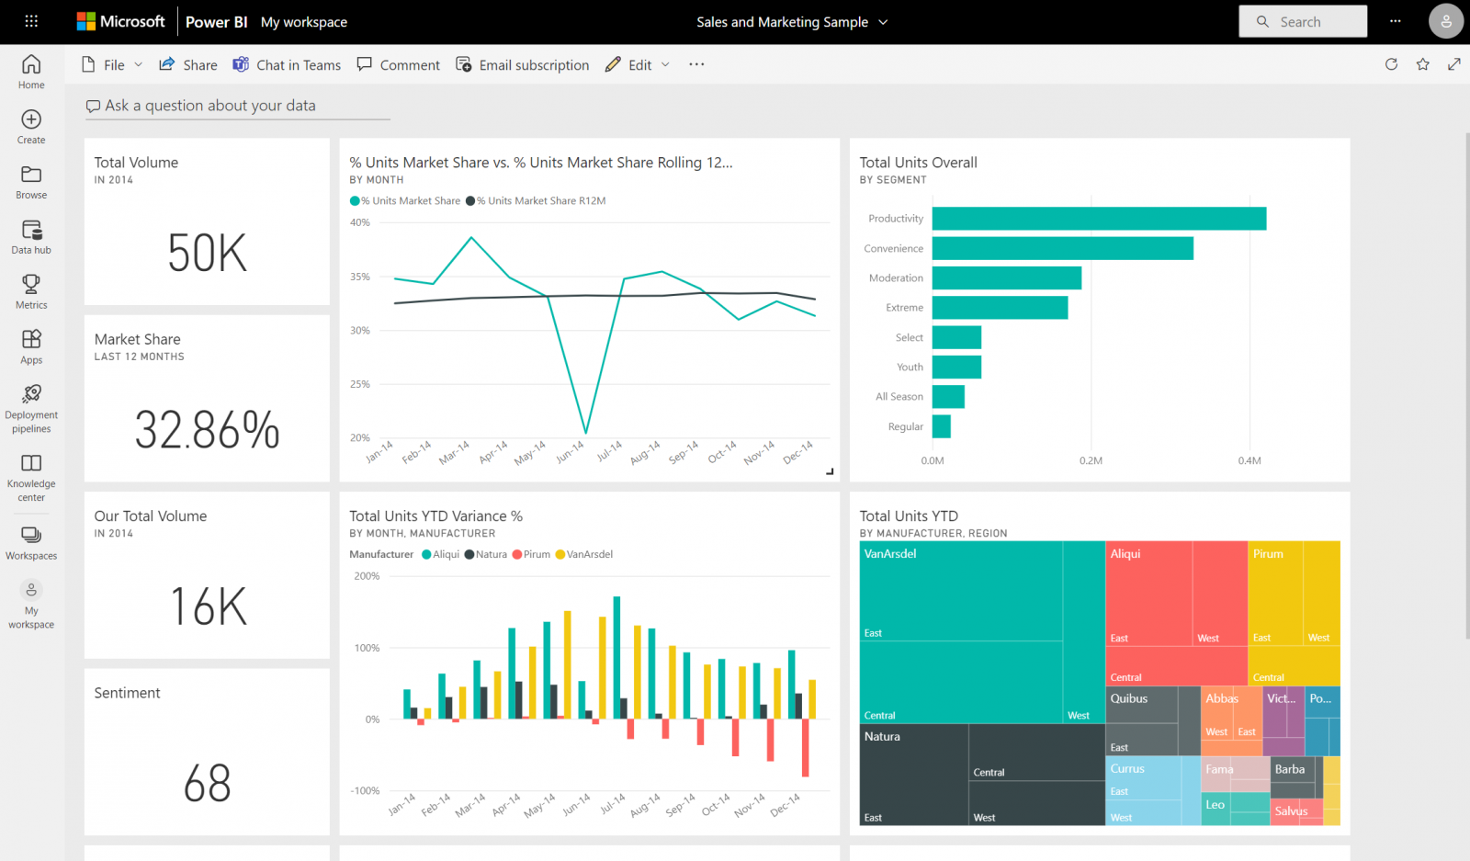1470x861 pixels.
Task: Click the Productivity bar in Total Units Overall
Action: (1098, 219)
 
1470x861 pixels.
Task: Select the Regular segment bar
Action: (941, 426)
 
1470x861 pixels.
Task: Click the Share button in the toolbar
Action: (188, 65)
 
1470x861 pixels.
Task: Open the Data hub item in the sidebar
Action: (31, 236)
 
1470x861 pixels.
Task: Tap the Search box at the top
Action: (1302, 22)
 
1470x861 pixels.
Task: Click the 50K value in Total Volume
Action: (208, 254)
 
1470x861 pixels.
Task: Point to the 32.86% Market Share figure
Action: (208, 430)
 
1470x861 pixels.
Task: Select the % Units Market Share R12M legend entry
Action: (539, 200)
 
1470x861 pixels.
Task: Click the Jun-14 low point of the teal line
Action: (585, 432)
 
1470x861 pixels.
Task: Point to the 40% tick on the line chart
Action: (359, 222)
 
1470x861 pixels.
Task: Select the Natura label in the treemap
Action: (882, 737)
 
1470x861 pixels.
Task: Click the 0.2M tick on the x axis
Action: (1091, 460)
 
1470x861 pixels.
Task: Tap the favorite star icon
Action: (1422, 64)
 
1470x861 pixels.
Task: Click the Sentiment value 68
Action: (208, 784)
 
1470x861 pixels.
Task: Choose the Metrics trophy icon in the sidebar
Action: (31, 285)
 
